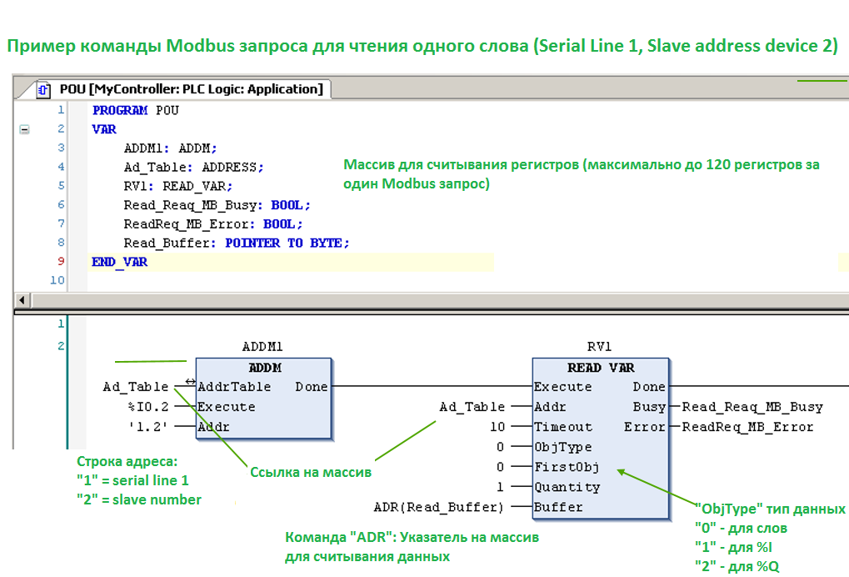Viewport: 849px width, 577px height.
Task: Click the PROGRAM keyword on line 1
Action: pyautogui.click(x=120, y=111)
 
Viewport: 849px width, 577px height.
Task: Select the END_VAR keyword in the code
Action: pyautogui.click(x=120, y=262)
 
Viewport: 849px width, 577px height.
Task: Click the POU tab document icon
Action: pyautogui.click(x=43, y=89)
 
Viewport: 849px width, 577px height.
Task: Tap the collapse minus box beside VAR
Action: pyautogui.click(x=24, y=129)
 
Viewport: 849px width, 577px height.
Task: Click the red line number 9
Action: pyautogui.click(x=61, y=261)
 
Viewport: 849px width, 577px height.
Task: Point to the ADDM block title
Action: pyautogui.click(x=265, y=368)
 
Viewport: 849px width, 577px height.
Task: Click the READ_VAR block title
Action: pyautogui.click(x=601, y=368)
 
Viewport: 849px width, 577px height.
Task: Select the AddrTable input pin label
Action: pyautogui.click(x=234, y=387)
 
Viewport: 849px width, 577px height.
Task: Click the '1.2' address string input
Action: pyautogui.click(x=147, y=427)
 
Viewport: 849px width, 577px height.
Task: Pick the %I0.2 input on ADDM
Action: pyautogui.click(x=148, y=407)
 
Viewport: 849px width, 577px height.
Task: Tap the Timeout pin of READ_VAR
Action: pyautogui.click(x=563, y=427)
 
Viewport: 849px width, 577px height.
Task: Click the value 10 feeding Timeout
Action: pyautogui.click(x=497, y=427)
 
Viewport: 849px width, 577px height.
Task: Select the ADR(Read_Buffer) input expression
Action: pyautogui.click(x=438, y=507)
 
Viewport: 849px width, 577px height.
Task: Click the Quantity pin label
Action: pyautogui.click(x=567, y=488)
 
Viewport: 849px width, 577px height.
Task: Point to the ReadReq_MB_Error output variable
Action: pyautogui.click(x=747, y=427)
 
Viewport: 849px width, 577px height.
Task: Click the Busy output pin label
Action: pyautogui.click(x=649, y=407)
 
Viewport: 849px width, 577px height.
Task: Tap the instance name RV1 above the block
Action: pyautogui.click(x=599, y=347)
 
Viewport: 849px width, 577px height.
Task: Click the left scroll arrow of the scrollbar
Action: pyautogui.click(x=22, y=299)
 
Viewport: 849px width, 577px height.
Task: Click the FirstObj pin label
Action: pyautogui.click(x=567, y=467)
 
